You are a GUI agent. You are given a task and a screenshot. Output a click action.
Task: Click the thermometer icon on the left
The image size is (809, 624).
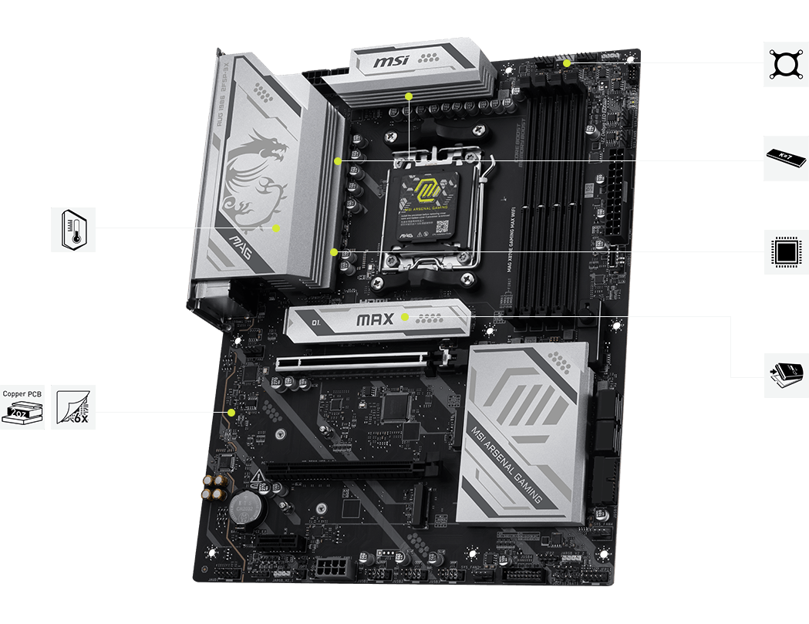(x=74, y=229)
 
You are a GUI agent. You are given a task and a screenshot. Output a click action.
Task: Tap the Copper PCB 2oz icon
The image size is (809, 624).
(x=23, y=407)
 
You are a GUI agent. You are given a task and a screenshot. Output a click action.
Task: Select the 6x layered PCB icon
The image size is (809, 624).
(x=74, y=407)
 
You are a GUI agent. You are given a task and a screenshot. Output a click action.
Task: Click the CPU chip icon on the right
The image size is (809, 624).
(x=786, y=251)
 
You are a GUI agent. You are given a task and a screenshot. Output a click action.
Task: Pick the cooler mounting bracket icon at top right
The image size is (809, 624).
(x=786, y=63)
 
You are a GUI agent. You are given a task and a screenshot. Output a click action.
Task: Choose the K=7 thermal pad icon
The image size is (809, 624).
(x=786, y=158)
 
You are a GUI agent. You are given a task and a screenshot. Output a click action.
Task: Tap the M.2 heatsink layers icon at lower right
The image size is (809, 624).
(x=786, y=376)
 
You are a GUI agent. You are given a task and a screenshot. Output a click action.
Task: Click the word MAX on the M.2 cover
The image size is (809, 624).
(x=376, y=319)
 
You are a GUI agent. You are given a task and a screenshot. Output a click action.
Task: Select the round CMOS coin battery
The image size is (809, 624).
(x=248, y=507)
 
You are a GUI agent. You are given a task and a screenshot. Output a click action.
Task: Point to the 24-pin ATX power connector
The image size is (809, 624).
(x=618, y=193)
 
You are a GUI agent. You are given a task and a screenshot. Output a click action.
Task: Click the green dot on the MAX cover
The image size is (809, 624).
(x=405, y=316)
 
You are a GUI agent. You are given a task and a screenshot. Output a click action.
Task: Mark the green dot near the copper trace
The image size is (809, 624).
(x=231, y=413)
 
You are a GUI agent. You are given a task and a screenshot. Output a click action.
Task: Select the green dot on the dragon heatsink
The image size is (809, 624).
(x=276, y=228)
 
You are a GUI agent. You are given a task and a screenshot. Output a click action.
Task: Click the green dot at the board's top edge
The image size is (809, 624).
(x=567, y=63)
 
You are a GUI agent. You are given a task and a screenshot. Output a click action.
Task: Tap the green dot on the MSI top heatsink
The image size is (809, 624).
(x=409, y=96)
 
